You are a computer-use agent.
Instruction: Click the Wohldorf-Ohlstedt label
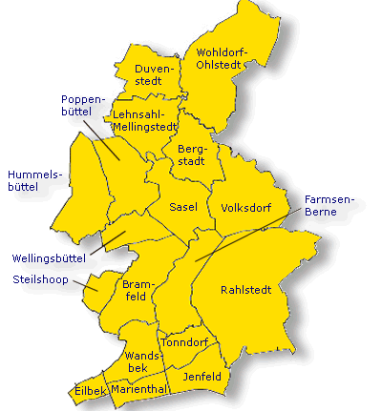[x=221, y=58]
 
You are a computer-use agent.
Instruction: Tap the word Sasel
[x=182, y=207]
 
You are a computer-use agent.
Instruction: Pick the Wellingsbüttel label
[x=49, y=258]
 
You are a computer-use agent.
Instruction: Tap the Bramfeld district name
[x=138, y=291]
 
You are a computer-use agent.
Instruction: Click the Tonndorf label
[x=185, y=341]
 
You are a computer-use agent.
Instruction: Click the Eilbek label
[x=89, y=392]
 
